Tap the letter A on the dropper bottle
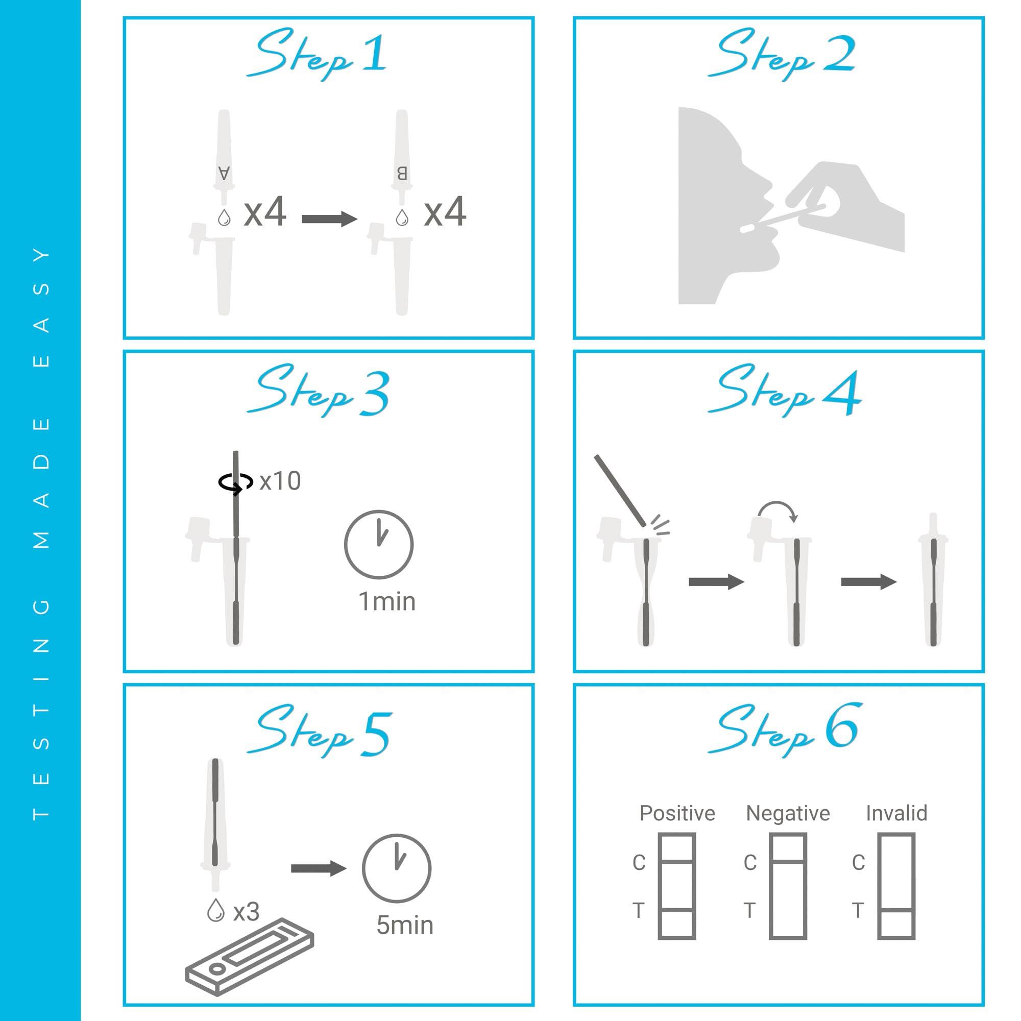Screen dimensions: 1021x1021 [x=224, y=173]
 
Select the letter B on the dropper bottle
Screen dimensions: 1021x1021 [x=402, y=173]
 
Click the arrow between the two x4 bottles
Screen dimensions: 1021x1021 [x=329, y=218]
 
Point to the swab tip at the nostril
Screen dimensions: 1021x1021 [x=747, y=228]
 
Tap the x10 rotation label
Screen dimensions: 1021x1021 [x=280, y=481]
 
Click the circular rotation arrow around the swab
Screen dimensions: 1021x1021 [x=235, y=482]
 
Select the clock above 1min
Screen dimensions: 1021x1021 [x=378, y=544]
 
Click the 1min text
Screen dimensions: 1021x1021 [x=387, y=601]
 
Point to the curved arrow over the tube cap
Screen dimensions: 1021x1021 [x=777, y=510]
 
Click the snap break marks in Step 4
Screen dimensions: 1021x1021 [x=660, y=526]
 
